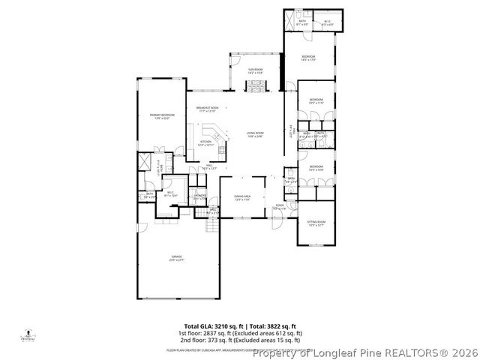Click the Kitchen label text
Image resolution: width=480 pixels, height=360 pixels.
[205, 141]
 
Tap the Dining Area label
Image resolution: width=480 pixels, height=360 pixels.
[242, 196]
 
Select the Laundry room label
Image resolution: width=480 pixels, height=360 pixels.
[200, 196]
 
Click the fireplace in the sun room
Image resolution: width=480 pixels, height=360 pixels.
[256, 84]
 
